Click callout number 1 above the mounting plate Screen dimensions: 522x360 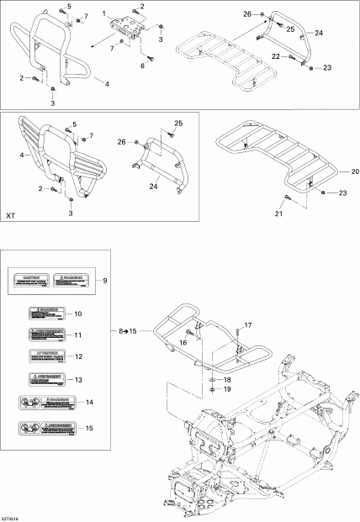click(x=104, y=14)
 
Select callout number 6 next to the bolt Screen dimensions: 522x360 click(x=142, y=66)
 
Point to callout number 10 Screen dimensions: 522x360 click(x=101, y=314)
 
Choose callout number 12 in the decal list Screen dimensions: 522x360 click(x=101, y=357)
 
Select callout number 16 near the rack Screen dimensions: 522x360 click(x=182, y=344)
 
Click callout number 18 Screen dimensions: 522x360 click(x=226, y=380)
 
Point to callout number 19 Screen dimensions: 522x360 click(x=226, y=390)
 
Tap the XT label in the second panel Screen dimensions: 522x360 click(x=11, y=216)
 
